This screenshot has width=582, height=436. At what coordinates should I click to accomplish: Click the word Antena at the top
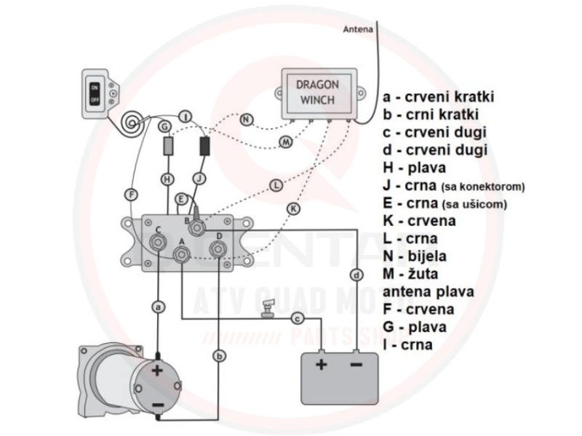(358, 30)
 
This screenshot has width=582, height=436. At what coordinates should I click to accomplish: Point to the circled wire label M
(285, 142)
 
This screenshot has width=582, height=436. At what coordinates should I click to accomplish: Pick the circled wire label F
(129, 194)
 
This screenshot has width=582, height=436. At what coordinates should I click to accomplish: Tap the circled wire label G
(166, 126)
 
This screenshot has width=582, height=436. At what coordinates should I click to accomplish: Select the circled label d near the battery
(356, 275)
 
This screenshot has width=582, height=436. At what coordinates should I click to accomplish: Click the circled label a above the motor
(158, 307)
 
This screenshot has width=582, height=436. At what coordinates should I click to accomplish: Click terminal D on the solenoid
(216, 249)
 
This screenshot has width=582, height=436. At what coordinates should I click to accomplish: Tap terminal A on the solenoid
(182, 252)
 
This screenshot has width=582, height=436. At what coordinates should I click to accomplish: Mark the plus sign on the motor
(157, 371)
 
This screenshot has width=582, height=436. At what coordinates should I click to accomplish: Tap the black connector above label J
(204, 145)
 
